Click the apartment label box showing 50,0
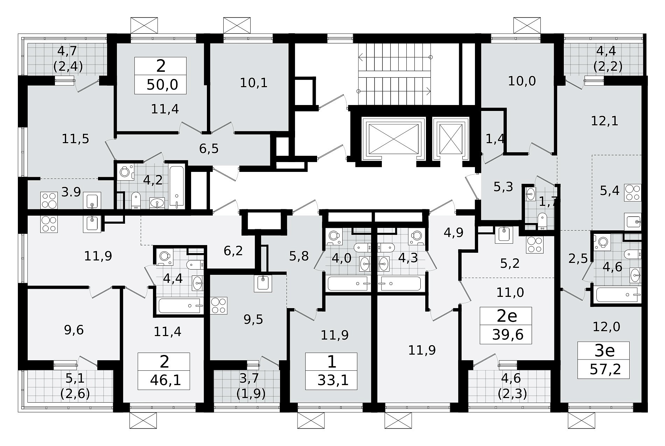tap(161, 76)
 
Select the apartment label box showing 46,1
tap(164, 371)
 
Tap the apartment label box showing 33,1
tap(331, 371)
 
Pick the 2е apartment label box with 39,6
tap(506, 326)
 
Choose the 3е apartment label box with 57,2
tap(604, 360)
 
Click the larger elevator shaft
tap(394, 138)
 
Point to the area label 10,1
tap(254, 83)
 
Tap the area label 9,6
tap(74, 330)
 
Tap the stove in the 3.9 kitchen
tap(49, 200)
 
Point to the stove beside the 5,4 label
tap(633, 193)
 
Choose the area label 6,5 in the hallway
tap(209, 148)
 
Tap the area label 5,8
tap(299, 256)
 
